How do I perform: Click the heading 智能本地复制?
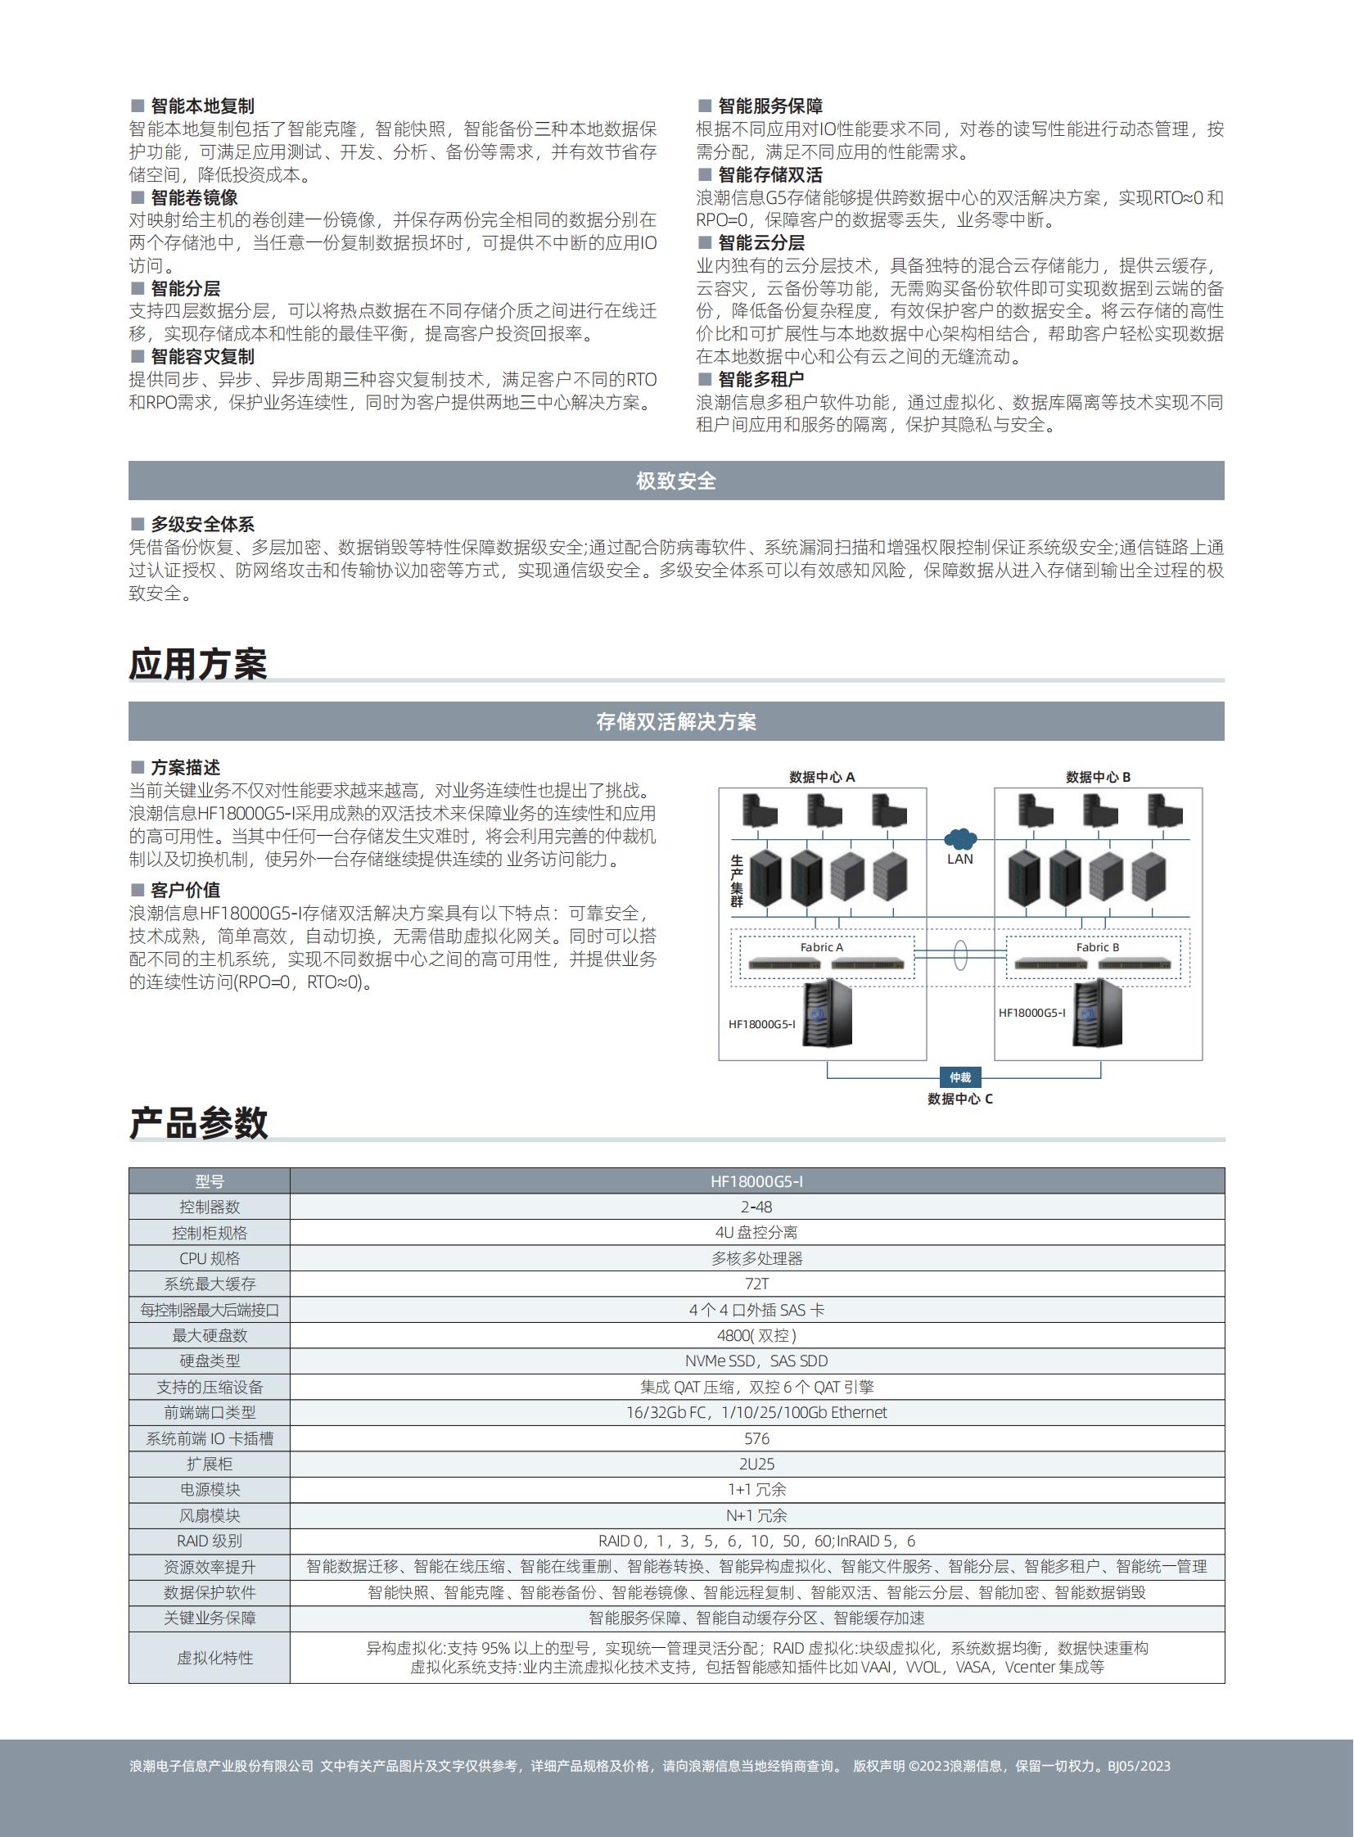(x=201, y=106)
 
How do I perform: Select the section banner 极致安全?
(x=676, y=481)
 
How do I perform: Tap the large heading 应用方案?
(x=198, y=664)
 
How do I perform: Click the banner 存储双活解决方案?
(x=676, y=721)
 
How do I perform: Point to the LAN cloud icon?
(x=959, y=839)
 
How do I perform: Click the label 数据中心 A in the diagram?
(x=822, y=777)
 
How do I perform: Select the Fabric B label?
(x=1098, y=948)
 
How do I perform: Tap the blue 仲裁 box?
(x=959, y=1077)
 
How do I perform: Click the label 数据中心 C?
(x=959, y=1099)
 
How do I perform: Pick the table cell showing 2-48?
(x=756, y=1207)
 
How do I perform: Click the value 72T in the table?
(x=756, y=1284)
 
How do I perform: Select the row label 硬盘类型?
(x=210, y=1361)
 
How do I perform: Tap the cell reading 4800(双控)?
(x=756, y=1335)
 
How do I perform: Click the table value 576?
(x=756, y=1438)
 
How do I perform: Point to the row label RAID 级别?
(x=210, y=1541)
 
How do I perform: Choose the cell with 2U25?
(x=756, y=1464)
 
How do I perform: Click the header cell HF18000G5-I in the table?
(x=756, y=1181)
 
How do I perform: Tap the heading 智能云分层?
(x=760, y=242)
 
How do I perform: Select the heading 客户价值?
(x=185, y=890)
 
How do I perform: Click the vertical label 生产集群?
(x=736, y=881)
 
